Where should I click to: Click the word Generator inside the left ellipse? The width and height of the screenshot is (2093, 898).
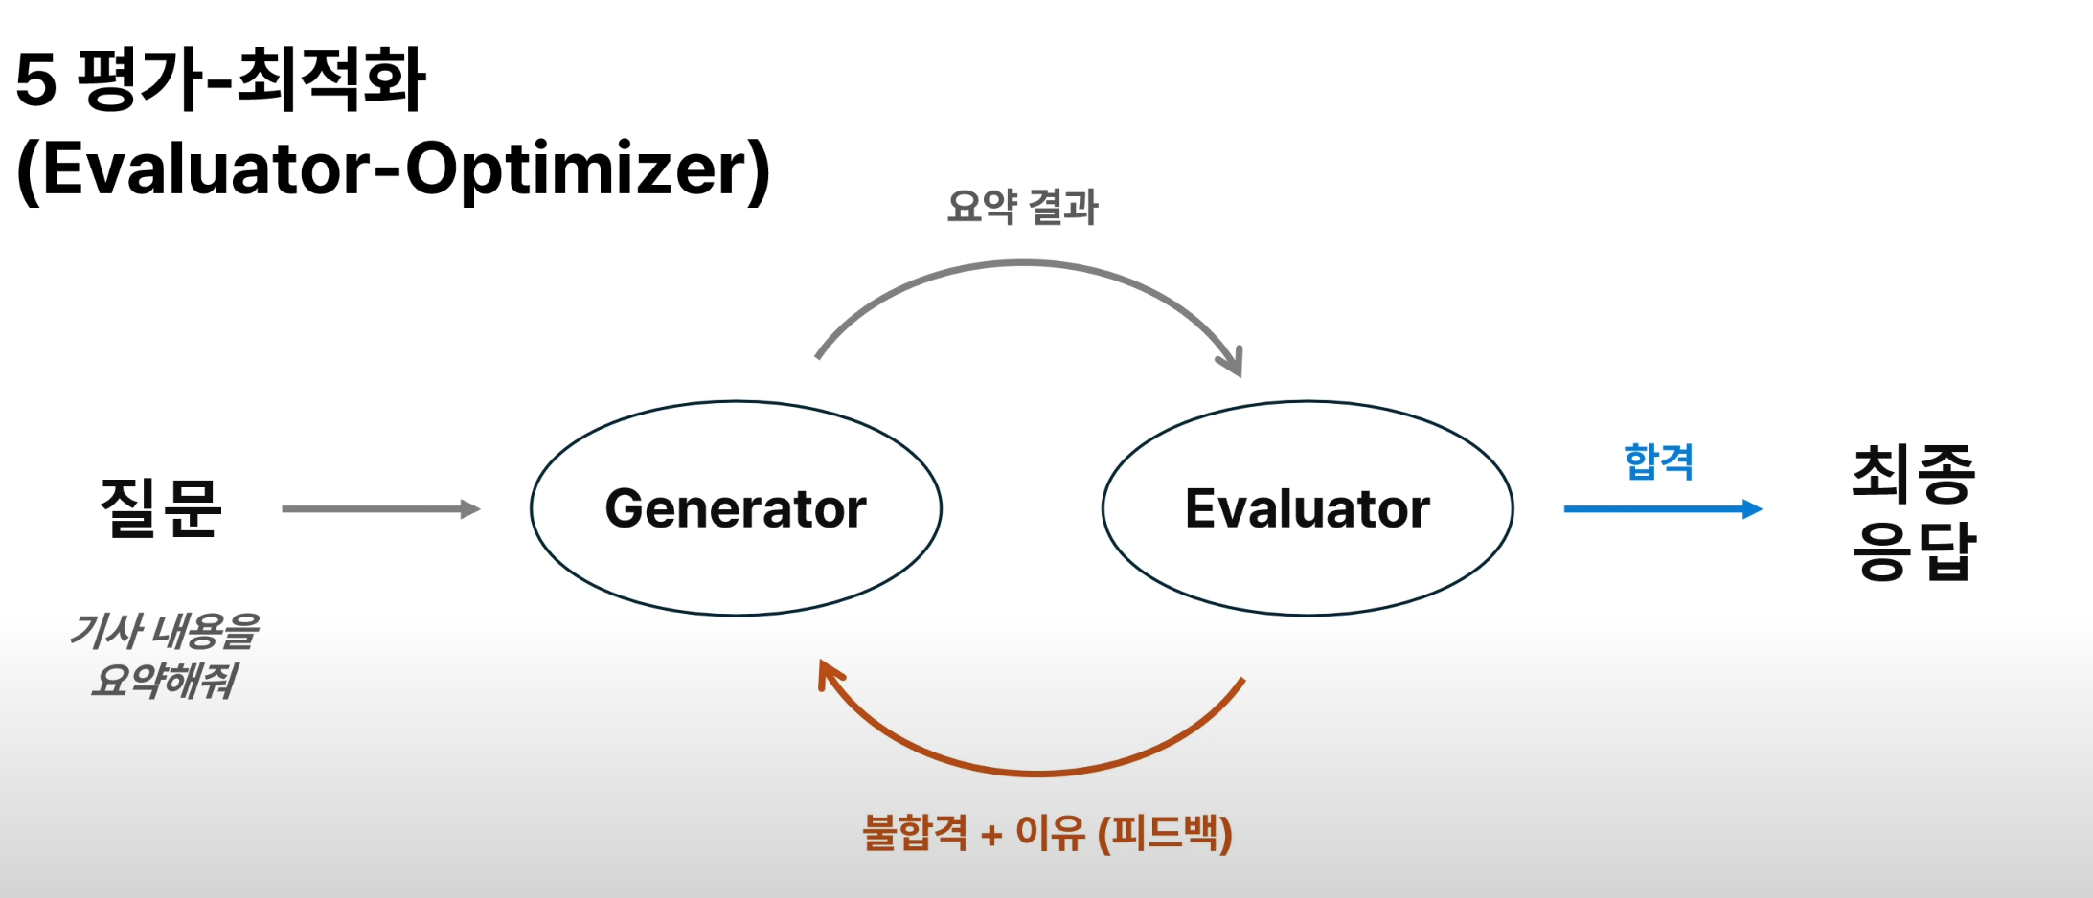pos(736,508)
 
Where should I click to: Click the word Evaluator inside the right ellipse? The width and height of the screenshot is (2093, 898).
pos(1307,508)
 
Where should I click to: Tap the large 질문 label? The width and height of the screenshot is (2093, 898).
pos(161,507)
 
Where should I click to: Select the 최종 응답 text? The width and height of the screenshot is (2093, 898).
pos(1914,512)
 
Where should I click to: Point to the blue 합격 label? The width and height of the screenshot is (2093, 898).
pos(1658,462)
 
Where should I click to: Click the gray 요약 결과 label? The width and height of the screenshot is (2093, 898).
pos(1022,207)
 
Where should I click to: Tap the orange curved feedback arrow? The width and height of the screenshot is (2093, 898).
pos(1035,770)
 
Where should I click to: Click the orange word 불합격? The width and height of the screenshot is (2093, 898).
pos(915,833)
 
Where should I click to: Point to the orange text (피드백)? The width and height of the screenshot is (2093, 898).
pos(1165,833)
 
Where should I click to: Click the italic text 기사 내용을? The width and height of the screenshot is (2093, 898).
pos(165,632)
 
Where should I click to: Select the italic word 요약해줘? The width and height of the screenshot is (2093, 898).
pos(165,681)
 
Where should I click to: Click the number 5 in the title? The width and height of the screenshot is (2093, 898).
pos(36,79)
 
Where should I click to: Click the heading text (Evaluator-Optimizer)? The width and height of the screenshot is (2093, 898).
pos(393,169)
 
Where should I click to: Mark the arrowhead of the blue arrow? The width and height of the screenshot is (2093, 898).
pos(1752,509)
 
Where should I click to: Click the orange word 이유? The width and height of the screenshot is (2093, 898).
pos(1050,833)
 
